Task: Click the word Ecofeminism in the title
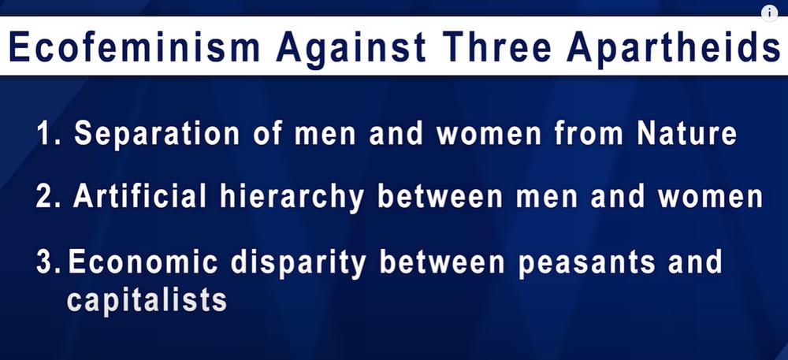[x=134, y=46]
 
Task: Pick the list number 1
[x=48, y=134]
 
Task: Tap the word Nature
[x=686, y=134]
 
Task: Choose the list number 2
[x=48, y=196]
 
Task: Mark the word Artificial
[x=139, y=195]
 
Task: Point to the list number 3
[x=48, y=262]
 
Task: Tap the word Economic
[x=143, y=262]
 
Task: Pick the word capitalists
[x=147, y=301]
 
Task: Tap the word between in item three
[x=442, y=262]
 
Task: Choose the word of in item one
[x=267, y=134]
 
